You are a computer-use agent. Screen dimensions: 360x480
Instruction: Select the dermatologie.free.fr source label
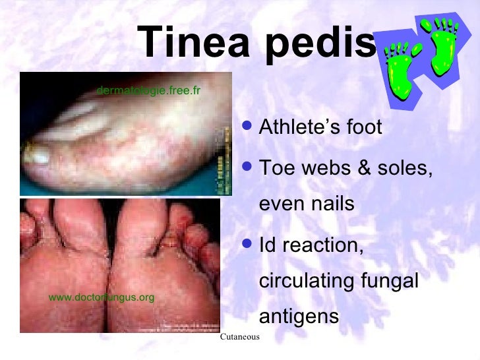[x=148, y=90]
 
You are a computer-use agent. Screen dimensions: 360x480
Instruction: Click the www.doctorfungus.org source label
[x=102, y=297]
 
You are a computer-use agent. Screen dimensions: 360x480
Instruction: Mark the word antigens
[x=299, y=318]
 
